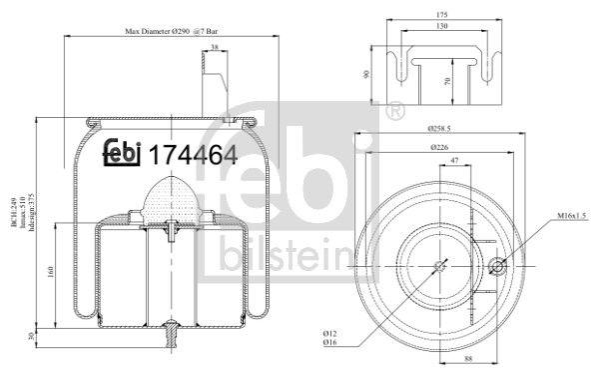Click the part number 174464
pos(192,155)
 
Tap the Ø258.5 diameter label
pos(442,129)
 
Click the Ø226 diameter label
pos(443,147)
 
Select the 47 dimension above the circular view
pos(454,160)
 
